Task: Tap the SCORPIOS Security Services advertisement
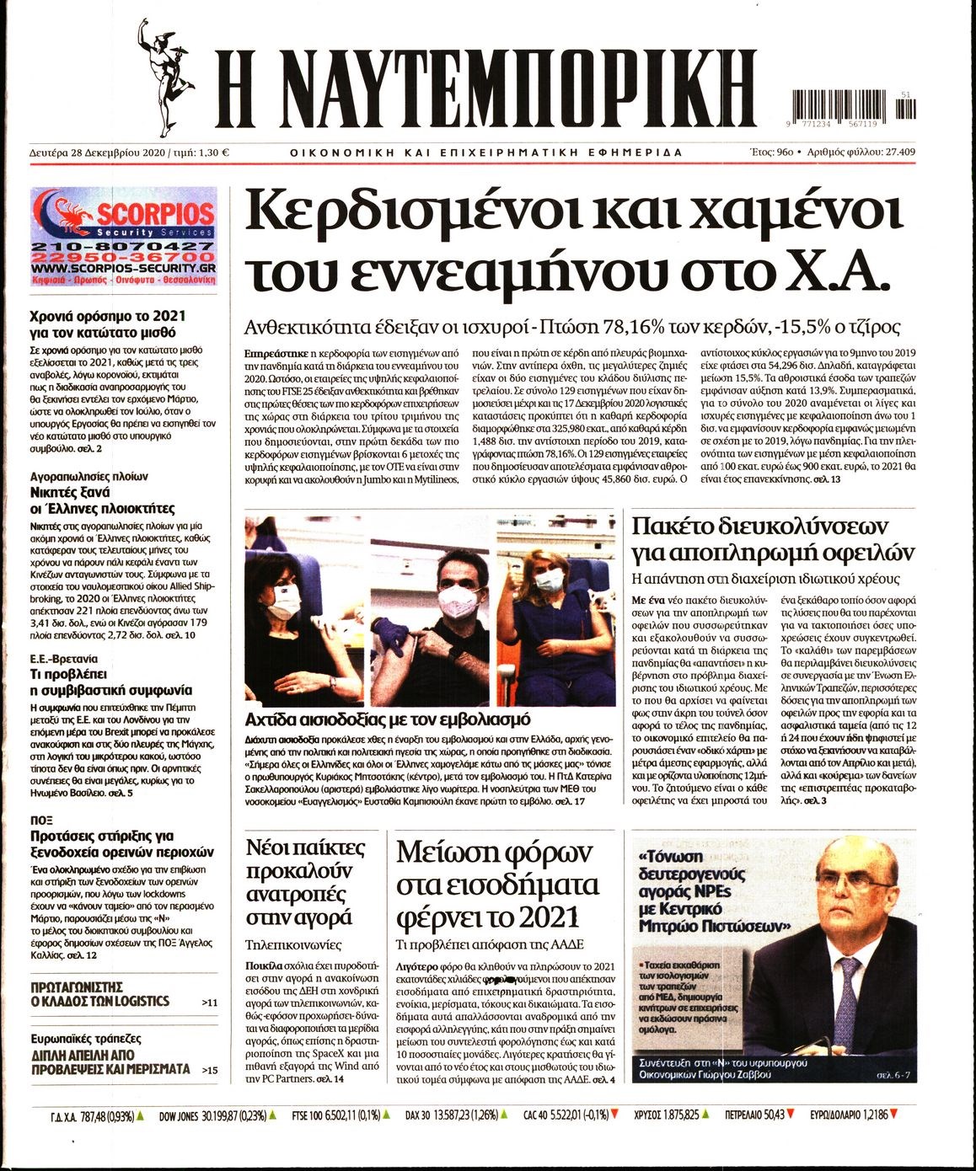pyautogui.click(x=122, y=238)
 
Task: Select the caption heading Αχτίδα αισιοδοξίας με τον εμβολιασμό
pyautogui.click(x=387, y=719)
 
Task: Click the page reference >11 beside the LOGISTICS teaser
pyautogui.click(x=210, y=1003)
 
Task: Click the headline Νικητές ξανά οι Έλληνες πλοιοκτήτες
pyautogui.click(x=102, y=500)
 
